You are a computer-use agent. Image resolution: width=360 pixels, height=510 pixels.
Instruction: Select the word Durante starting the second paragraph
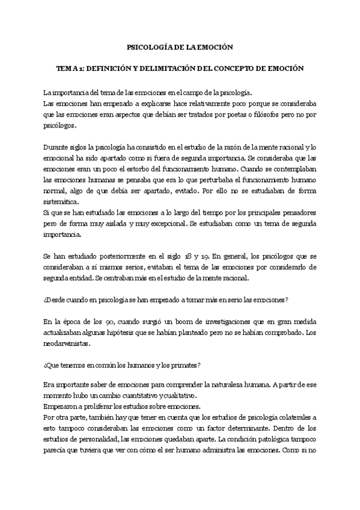pyautogui.click(x=56, y=147)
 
